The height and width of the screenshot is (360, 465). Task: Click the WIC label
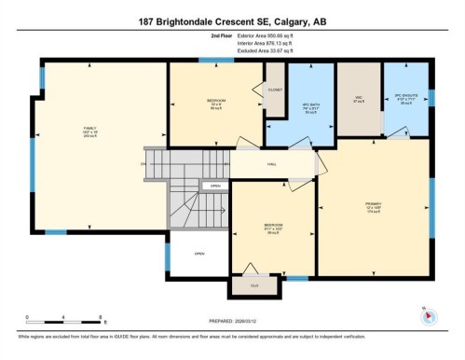pos(358,96)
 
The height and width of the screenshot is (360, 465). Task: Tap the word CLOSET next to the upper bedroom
pos(275,90)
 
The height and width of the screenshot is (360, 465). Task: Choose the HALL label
pos(272,164)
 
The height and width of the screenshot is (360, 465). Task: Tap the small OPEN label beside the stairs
pos(215,187)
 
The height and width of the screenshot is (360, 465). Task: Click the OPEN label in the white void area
pos(199,253)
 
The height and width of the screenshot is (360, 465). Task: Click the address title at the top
pos(232,21)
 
